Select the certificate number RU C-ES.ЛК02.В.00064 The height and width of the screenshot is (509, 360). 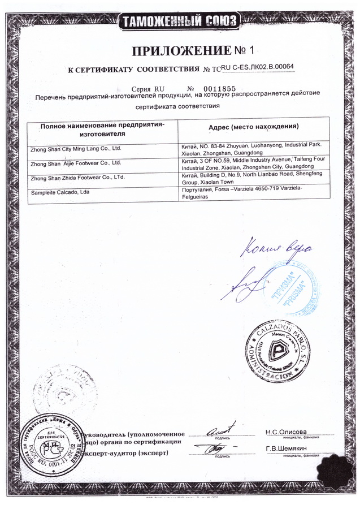tap(258, 68)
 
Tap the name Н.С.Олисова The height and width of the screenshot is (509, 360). tap(286, 432)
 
